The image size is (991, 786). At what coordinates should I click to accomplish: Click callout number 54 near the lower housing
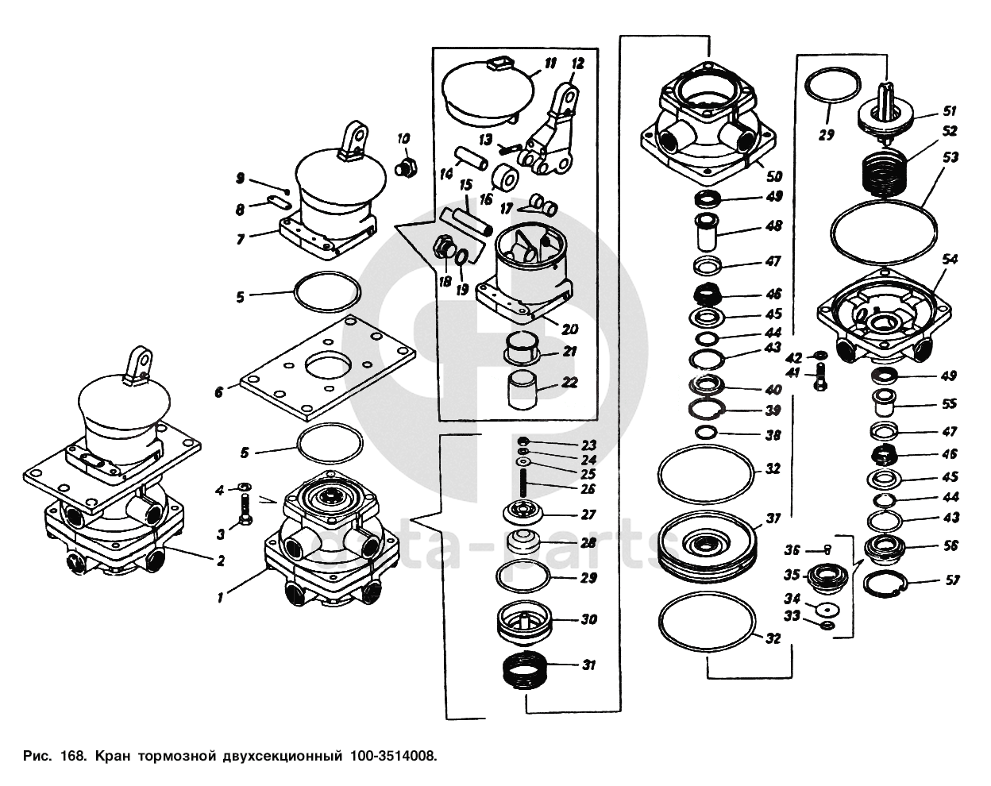click(x=950, y=260)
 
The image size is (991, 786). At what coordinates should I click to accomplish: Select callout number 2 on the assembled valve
click(x=221, y=561)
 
